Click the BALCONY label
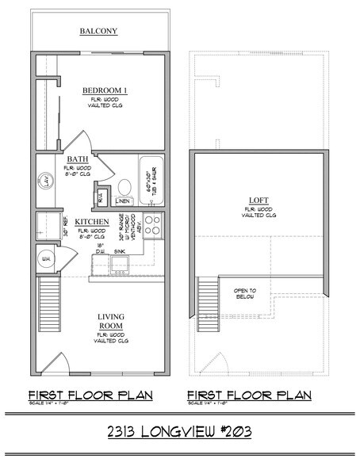click(99, 32)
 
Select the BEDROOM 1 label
click(105, 92)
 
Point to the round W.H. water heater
click(47, 258)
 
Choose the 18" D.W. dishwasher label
click(99, 250)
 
